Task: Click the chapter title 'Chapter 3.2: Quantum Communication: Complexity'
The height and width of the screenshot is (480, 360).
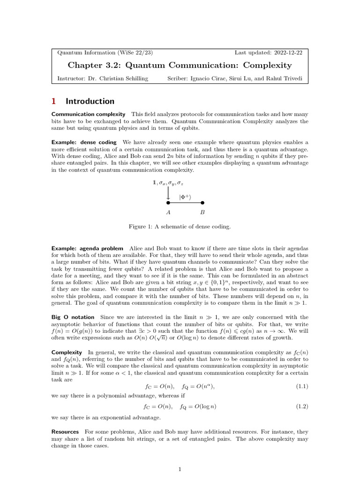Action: [x=180, y=65]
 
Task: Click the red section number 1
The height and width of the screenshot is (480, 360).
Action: [x=53, y=101]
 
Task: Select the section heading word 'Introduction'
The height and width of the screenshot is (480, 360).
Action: [x=90, y=101]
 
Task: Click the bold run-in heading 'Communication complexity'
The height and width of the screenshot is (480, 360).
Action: [x=88, y=114]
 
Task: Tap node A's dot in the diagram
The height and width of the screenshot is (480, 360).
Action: [x=168, y=203]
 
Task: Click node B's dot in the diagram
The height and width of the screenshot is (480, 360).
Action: [x=202, y=203]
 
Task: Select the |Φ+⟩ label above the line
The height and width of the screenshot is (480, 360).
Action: [x=185, y=197]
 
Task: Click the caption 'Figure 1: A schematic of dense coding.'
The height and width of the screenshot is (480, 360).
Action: [x=180, y=227]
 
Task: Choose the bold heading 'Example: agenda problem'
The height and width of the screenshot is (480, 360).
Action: [x=87, y=248]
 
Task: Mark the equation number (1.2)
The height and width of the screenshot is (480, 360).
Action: [x=301, y=406]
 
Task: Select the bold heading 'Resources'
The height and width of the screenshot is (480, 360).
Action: [x=65, y=431]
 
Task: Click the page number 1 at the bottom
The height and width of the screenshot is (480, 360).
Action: [x=180, y=469]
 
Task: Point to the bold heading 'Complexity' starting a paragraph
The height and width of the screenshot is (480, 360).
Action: [x=67, y=352]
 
